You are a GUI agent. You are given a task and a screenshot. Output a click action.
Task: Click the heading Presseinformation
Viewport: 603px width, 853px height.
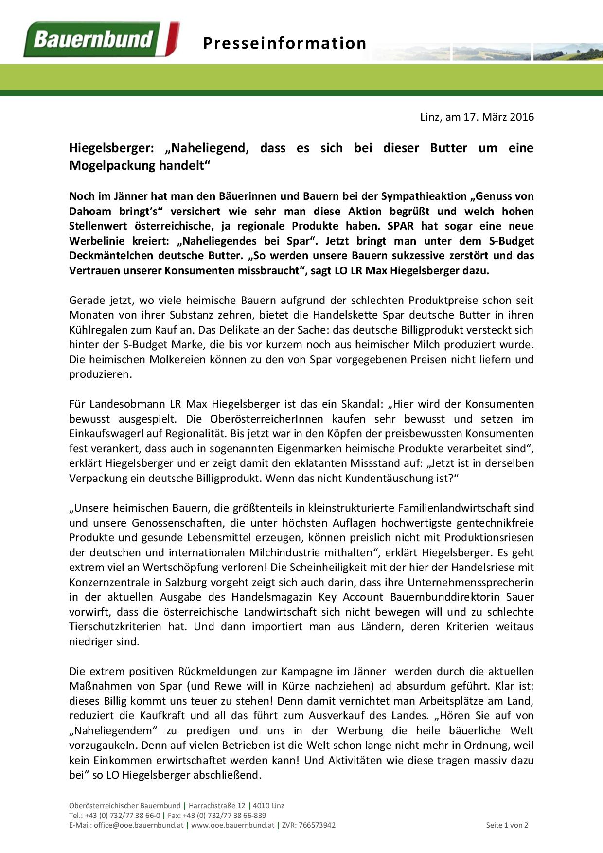pos(284,43)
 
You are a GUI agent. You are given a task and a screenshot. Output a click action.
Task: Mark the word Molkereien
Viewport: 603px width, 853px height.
pos(161,360)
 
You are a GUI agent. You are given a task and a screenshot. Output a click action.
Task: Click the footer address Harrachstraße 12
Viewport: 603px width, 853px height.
pos(219,806)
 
